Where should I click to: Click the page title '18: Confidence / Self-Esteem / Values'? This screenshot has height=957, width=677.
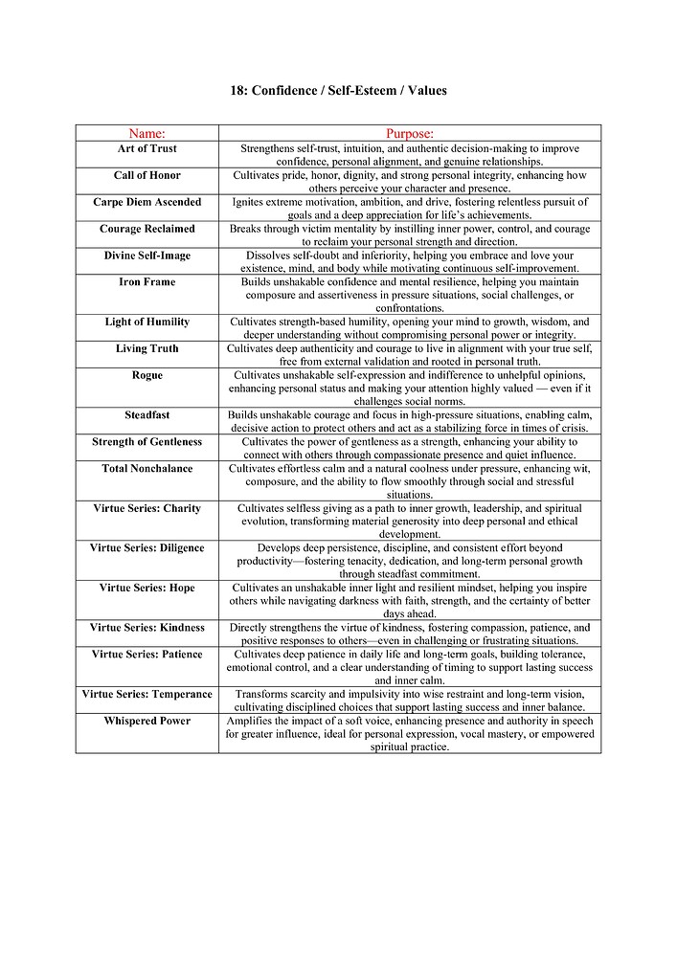click(338, 91)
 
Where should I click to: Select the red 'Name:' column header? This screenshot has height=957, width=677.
click(147, 133)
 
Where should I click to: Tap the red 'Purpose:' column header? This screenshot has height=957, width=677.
click(410, 133)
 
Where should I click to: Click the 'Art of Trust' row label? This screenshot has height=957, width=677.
click(147, 149)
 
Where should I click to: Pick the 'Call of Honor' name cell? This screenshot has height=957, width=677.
click(147, 176)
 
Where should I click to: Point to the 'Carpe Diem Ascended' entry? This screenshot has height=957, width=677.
click(147, 203)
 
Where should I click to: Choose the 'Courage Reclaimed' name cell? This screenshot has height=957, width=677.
click(147, 230)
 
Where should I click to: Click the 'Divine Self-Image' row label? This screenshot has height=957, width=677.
click(147, 256)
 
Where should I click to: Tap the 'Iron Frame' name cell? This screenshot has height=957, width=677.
click(147, 283)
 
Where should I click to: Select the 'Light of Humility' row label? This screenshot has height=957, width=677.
click(147, 323)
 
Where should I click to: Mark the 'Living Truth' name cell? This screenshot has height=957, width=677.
click(147, 349)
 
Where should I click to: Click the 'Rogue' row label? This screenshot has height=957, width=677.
click(147, 376)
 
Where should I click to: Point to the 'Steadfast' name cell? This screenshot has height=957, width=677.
click(147, 415)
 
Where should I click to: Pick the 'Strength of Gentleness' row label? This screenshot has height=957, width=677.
click(147, 442)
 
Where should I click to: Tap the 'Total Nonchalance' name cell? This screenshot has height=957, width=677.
click(147, 469)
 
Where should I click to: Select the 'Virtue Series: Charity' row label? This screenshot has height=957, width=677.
click(147, 509)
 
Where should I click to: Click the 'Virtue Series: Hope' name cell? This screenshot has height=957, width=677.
click(147, 588)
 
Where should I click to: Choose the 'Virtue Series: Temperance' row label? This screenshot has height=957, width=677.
click(147, 694)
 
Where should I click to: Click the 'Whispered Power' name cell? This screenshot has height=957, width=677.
click(147, 721)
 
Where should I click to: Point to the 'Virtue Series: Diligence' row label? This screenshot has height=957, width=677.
click(147, 548)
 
